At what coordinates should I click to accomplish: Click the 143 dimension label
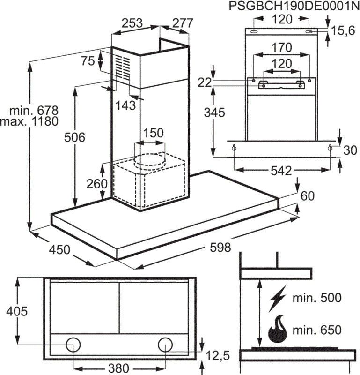tap(125, 105)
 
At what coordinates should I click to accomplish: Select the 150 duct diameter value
tap(153, 133)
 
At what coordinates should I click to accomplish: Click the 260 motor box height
tap(96, 184)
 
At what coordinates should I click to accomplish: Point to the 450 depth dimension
tap(60, 249)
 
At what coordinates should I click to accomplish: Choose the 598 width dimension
tap(220, 248)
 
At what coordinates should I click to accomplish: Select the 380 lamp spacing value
tap(115, 367)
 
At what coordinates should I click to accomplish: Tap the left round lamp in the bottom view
tap(73, 345)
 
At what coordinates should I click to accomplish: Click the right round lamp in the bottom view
tap(165, 345)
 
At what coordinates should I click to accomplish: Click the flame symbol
tap(278, 329)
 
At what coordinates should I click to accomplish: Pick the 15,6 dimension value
tap(344, 30)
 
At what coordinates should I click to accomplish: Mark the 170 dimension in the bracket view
tap(281, 47)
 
